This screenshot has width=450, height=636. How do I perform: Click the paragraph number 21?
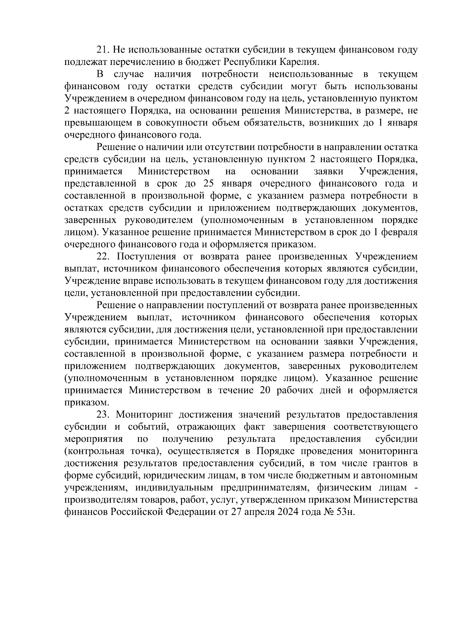[x=102, y=50]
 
